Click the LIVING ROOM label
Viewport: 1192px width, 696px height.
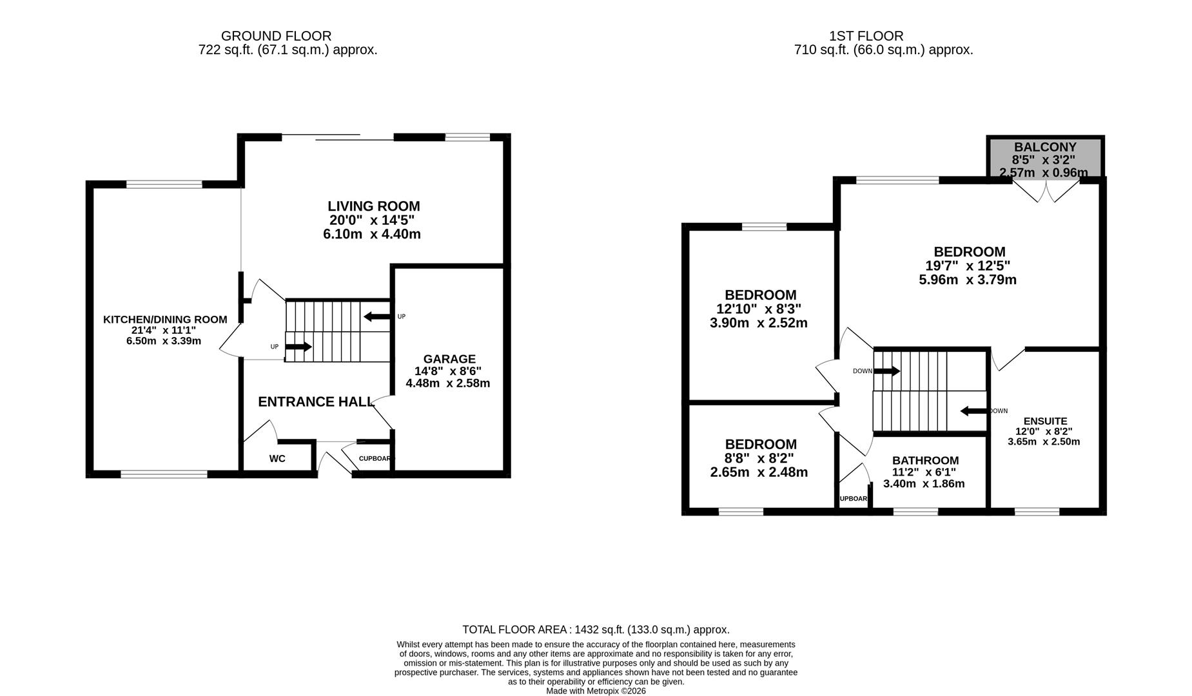[x=373, y=206]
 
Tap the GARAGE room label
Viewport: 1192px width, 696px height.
[x=449, y=359]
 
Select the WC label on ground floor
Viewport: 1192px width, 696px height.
[x=277, y=459]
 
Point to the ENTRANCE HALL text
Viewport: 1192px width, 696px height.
[x=316, y=402]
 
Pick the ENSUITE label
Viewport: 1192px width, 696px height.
[x=1045, y=421]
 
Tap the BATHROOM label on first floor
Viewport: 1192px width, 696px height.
[x=925, y=461]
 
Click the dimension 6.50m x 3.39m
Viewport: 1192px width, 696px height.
[x=164, y=341]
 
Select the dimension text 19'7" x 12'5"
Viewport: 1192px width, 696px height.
[x=968, y=266]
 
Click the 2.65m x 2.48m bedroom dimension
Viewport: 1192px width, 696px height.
[x=759, y=472]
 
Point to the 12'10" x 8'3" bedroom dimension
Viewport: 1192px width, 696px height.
[x=759, y=309]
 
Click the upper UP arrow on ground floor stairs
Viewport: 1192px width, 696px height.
[x=377, y=316]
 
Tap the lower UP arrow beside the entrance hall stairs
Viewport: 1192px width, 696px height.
[x=298, y=347]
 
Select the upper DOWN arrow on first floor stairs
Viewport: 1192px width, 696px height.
[x=886, y=371]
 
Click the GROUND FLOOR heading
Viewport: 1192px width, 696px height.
[x=276, y=36]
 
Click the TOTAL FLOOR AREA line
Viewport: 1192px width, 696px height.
[x=596, y=630]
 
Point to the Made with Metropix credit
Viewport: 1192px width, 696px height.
[x=596, y=691]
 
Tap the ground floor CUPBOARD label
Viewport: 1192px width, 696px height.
[x=375, y=459]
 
